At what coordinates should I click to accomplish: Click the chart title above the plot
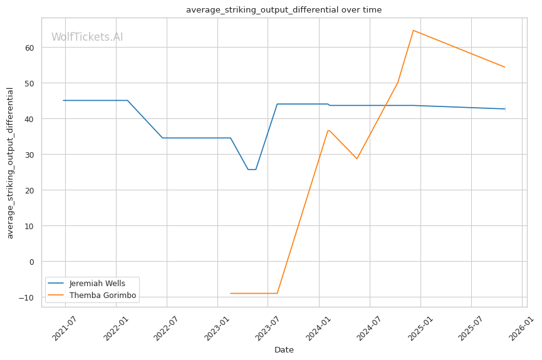tap(284, 9)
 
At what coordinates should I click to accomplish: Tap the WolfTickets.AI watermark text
tap(87, 37)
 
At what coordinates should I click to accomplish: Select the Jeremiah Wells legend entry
tap(86, 283)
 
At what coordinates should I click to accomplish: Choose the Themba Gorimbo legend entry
tap(92, 296)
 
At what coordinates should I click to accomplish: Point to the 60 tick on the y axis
tap(29, 48)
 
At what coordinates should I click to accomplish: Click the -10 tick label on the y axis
tap(27, 297)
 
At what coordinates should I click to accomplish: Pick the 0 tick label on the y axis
tap(32, 262)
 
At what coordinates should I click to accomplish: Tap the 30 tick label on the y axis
tap(29, 155)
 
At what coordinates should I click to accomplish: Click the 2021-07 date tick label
tap(65, 328)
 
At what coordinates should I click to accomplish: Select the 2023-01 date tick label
tap(217, 328)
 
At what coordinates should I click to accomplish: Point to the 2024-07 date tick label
tap(369, 328)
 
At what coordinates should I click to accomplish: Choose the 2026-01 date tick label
tap(521, 328)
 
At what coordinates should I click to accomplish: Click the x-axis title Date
tap(284, 350)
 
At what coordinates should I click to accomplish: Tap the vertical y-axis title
tap(10, 163)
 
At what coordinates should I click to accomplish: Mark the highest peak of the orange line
tap(413, 31)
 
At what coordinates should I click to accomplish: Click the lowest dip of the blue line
tap(252, 170)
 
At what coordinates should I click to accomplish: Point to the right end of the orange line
tap(505, 67)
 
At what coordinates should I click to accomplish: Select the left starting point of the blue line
tap(63, 101)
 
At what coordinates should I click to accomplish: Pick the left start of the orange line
tap(231, 293)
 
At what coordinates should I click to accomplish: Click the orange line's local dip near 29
tap(357, 158)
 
